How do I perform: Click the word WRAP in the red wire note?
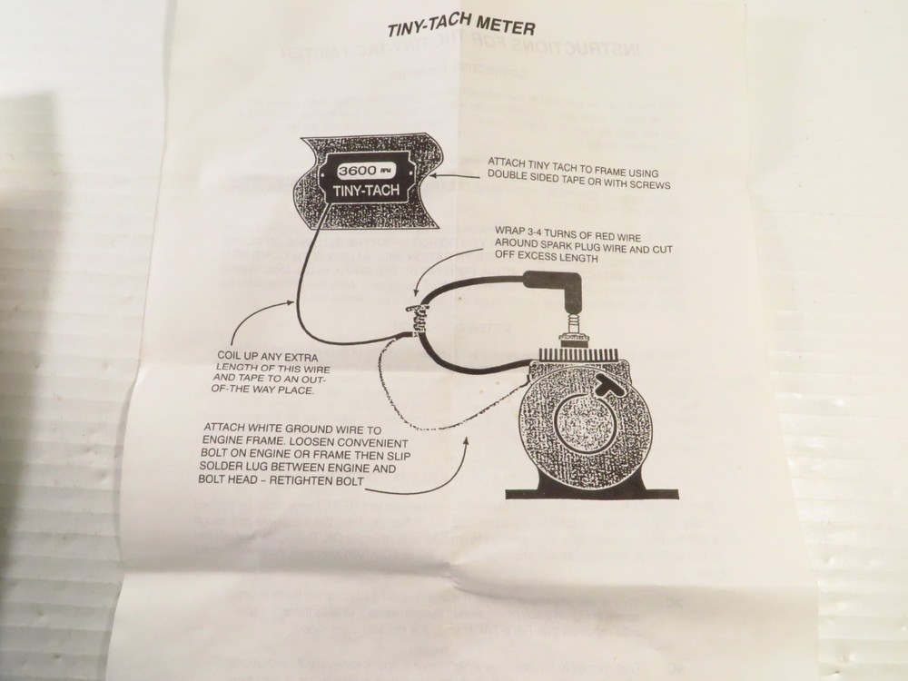[509, 232]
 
